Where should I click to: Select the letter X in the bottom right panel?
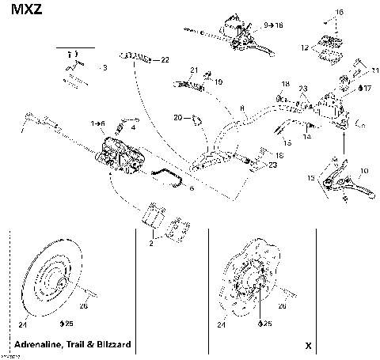307,346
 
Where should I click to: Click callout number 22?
164,60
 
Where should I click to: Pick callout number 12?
305,47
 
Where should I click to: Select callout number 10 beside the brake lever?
363,170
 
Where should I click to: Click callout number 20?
178,118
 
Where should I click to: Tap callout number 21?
194,70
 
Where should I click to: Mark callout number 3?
104,69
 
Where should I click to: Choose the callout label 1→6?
98,123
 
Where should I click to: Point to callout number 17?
366,88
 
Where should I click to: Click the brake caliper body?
119,155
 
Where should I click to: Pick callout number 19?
218,81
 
